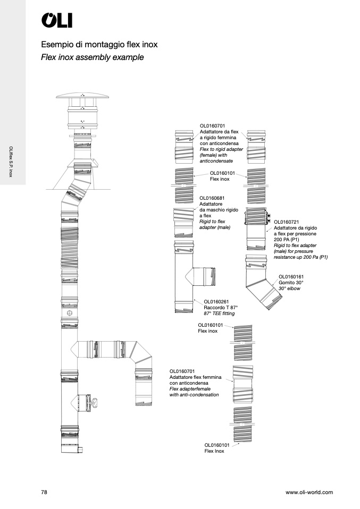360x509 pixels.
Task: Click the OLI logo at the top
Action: (57, 20)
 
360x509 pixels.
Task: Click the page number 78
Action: (44, 492)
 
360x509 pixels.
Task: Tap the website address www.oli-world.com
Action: (309, 492)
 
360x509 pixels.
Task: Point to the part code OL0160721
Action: (286, 222)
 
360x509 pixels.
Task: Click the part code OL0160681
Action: (212, 198)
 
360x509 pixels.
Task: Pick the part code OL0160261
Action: (216, 302)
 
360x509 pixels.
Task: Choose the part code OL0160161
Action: (291, 277)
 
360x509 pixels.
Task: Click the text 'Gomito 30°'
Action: (291, 283)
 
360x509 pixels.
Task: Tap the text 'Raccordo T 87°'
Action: (221, 308)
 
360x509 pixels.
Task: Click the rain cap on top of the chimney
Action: (82, 96)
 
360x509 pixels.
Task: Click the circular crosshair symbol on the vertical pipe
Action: (69, 313)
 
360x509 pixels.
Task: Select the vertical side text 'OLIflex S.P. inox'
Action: (11, 162)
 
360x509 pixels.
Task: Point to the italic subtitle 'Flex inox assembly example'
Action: (93, 57)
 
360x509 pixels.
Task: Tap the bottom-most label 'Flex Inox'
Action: (214, 451)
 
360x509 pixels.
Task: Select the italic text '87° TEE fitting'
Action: (219, 313)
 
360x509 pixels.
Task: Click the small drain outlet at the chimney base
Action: (80, 449)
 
